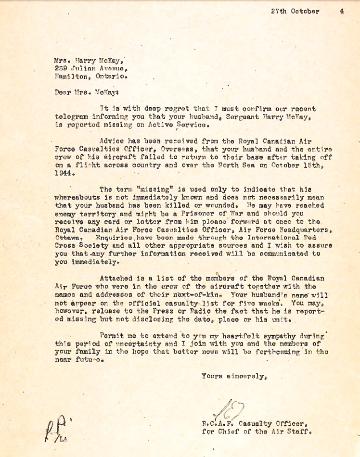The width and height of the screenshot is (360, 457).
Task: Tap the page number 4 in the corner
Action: coord(341,11)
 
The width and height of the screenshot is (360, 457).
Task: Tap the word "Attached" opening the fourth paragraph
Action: coord(116,278)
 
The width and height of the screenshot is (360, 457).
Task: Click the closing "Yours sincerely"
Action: coord(233,376)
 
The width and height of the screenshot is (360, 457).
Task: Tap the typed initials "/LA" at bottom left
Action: coord(61,439)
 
